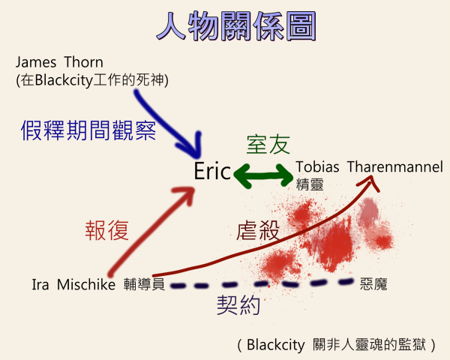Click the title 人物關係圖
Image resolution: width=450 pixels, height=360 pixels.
tap(236, 26)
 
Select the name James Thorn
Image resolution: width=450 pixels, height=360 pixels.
tap(59, 62)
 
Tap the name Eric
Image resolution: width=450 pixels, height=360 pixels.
tap(212, 172)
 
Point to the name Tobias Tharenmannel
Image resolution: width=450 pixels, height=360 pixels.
tap(369, 166)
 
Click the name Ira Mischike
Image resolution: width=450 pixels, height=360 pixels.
tap(73, 285)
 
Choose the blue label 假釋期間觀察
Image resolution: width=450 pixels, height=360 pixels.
tap(88, 130)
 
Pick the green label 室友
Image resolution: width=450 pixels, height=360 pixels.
tap(268, 145)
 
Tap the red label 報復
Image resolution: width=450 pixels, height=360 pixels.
tap(106, 230)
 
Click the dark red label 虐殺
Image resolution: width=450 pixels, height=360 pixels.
tap(258, 230)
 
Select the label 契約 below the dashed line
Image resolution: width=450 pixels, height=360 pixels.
tap(238, 305)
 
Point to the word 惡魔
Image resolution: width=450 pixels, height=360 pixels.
tap(373, 284)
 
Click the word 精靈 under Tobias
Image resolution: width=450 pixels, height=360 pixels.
tap(310, 184)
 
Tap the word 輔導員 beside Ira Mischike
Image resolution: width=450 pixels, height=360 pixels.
tap(144, 284)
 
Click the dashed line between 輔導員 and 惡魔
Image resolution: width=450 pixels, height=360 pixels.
tap(262, 284)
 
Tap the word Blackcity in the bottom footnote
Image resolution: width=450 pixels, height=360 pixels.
tap(275, 345)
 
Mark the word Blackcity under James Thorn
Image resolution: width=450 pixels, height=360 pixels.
tap(64, 80)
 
